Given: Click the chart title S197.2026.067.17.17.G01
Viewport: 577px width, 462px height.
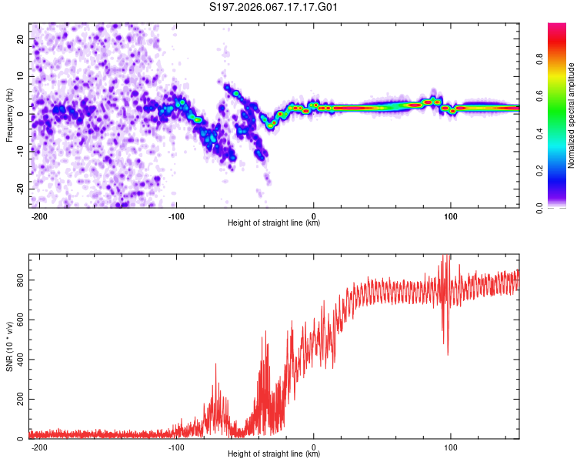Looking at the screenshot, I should click(274, 8).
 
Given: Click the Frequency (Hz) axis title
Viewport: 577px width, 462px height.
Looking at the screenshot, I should click(9, 115).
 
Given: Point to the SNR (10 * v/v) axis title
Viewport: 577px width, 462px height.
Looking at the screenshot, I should click(9, 346).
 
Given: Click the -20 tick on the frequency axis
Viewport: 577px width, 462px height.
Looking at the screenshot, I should click(19, 189).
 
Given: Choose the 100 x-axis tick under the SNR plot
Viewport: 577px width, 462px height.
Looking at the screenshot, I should click(451, 447).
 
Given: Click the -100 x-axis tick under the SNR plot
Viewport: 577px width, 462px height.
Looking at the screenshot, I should click(176, 447).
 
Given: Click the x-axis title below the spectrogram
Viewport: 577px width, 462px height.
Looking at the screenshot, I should click(274, 223).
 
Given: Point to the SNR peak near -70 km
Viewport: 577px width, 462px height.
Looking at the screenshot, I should click(215, 366).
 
